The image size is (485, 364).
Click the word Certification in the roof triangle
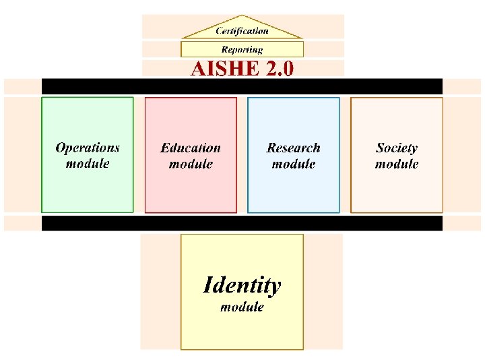coord(242,30)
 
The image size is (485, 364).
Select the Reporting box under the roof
coord(242,49)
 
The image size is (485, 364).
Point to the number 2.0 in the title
coord(280,69)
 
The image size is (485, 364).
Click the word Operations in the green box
coord(88,148)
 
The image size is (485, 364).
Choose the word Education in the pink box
coord(191,148)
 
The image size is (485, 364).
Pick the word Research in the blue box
coord(294,148)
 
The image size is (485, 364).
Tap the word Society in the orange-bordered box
coord(397,148)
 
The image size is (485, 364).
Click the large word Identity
coord(242,285)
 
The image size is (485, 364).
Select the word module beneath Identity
coord(242,307)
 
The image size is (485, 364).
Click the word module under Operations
coord(88,164)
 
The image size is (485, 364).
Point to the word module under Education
coord(191,164)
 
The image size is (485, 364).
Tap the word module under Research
coord(294,164)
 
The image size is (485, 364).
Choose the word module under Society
coord(397,164)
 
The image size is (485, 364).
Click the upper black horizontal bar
coord(242,86)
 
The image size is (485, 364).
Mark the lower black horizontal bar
coord(242,223)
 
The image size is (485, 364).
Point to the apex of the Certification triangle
coord(243,16)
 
